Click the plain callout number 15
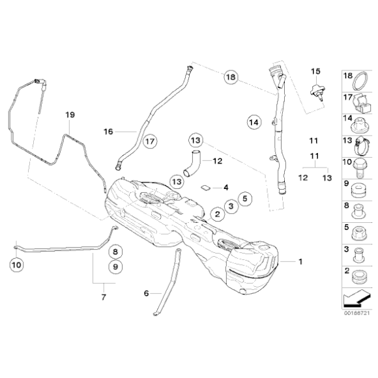(x=316, y=70)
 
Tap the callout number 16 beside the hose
(x=108, y=131)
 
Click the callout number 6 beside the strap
(x=147, y=293)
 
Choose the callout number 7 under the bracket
(x=103, y=297)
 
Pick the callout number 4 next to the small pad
(x=225, y=187)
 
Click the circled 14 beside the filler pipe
(x=254, y=121)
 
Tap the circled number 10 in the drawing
(x=16, y=265)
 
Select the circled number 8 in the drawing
(x=114, y=251)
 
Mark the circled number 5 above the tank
(x=244, y=197)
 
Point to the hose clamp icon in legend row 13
(x=361, y=142)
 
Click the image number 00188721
(x=356, y=313)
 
